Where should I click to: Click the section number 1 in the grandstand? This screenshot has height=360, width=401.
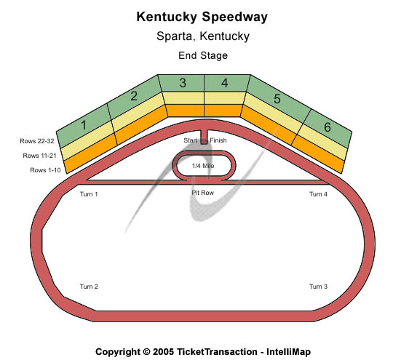pos(84,125)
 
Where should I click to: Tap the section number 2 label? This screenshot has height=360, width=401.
pos(134,96)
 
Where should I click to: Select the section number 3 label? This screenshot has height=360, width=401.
pos(183,83)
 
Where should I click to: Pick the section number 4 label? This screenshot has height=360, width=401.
pos(225,83)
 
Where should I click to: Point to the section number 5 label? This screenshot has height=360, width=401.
pos(277,99)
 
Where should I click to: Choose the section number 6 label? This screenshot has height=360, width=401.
pos(327,127)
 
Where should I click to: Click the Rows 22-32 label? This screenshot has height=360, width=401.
pos(37,141)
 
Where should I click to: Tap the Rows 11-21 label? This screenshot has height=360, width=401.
pos(39,156)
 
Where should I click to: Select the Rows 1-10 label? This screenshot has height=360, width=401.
pos(45,170)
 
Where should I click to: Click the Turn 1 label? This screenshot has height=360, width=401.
pos(89,194)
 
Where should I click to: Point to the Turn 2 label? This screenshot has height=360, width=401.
pos(89,287)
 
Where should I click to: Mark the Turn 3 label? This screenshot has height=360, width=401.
pos(318,287)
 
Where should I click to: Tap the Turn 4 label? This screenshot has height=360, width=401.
pos(318,194)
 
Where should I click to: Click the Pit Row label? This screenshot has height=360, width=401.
pos(203,193)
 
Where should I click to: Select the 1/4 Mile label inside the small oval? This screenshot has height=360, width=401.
pos(203,166)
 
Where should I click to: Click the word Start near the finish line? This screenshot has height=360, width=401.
pos(190,140)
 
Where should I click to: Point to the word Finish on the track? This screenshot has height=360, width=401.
pos(218,140)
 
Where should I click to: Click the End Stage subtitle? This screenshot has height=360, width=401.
pos(203,55)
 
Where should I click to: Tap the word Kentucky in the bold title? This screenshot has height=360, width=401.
pos(167,17)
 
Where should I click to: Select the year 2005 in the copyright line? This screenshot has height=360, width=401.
pos(163,352)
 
